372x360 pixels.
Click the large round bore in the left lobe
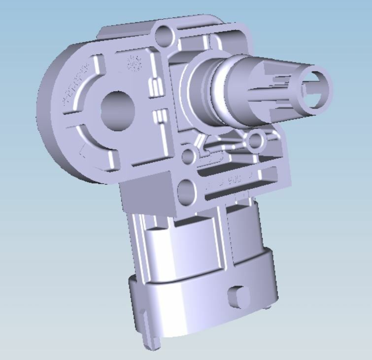(118, 110)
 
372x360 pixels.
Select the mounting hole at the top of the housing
(164, 35)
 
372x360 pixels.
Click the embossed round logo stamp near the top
(132, 63)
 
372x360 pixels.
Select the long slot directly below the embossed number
(237, 193)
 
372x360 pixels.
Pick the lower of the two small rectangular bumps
(158, 116)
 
